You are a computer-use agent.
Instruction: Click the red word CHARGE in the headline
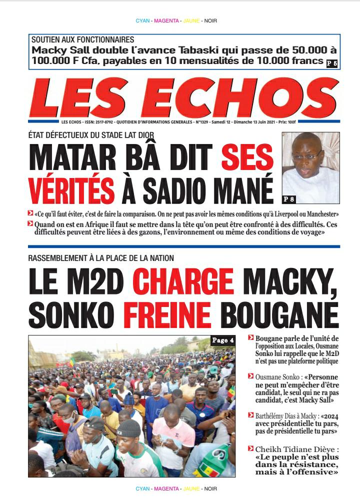(x=185, y=281)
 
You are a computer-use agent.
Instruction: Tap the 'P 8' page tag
(x=289, y=199)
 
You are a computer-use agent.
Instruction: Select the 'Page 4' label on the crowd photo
(x=222, y=340)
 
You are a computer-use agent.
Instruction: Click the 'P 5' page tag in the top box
(x=331, y=63)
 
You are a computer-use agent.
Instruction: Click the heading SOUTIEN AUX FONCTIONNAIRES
(x=82, y=39)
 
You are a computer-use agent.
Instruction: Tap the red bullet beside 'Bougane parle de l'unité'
(x=251, y=339)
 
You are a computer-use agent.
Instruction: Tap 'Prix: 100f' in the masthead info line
(x=327, y=122)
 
